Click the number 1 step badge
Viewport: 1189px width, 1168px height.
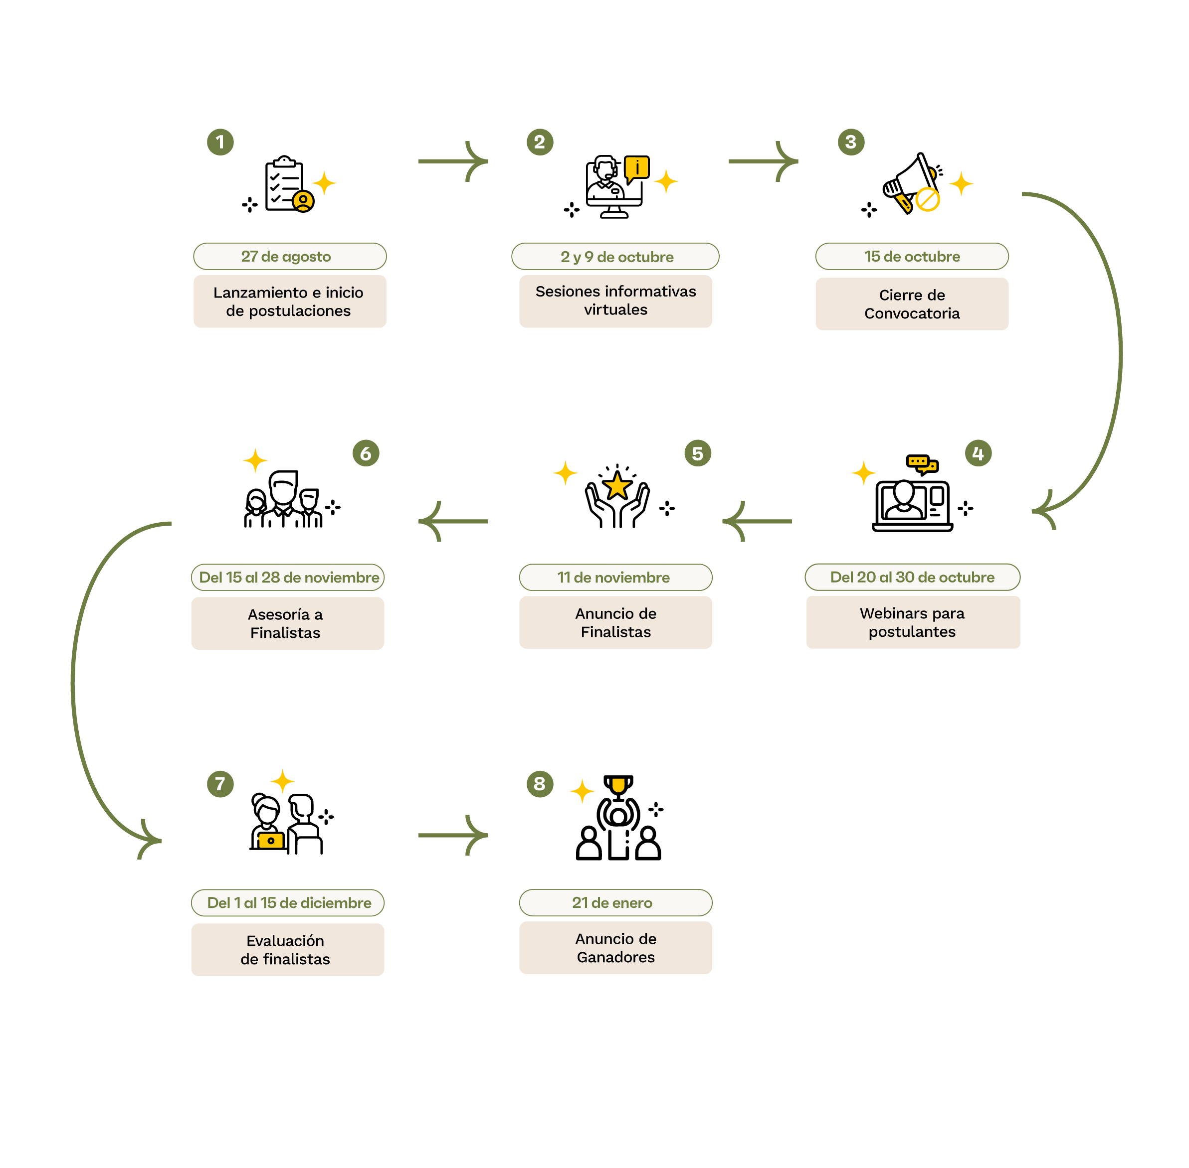click(x=220, y=142)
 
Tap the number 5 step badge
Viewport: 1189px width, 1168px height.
click(x=697, y=453)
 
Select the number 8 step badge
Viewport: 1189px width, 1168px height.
click(x=539, y=783)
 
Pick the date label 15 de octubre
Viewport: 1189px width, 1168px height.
click(x=912, y=257)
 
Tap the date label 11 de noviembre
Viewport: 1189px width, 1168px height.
click(x=615, y=577)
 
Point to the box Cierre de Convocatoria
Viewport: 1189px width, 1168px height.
click(x=912, y=304)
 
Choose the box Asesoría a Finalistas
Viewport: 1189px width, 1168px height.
click(x=287, y=623)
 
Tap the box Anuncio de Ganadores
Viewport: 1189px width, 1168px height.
click(x=615, y=948)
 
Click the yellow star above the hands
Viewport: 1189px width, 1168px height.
click(x=617, y=486)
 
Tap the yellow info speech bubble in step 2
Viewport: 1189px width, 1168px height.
click(x=636, y=167)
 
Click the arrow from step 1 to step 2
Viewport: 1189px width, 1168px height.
click(x=452, y=161)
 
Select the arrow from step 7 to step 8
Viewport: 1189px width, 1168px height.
click(x=452, y=835)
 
